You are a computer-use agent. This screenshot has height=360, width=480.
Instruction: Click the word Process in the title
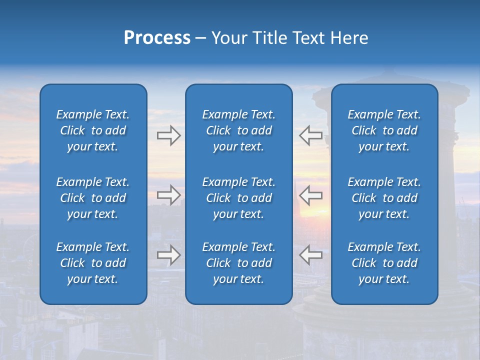click(157, 38)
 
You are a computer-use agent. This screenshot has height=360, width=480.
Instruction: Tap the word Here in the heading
click(349, 38)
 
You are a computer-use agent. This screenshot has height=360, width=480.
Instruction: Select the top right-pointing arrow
click(168, 135)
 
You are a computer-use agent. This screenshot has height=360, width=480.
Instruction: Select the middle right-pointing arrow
click(168, 195)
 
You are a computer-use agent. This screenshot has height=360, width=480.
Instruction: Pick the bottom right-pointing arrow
click(168, 255)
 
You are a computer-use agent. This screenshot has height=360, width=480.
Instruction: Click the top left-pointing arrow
click(311, 135)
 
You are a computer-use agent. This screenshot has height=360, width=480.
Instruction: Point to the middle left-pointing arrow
click(311, 195)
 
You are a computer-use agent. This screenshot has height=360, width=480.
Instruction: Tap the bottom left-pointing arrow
click(311, 255)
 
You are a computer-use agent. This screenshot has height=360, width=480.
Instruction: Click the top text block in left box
click(93, 130)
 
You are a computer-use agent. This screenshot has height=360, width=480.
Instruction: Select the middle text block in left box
click(93, 198)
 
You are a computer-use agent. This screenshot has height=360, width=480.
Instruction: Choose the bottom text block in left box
click(93, 263)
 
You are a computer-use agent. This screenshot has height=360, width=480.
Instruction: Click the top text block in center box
click(238, 130)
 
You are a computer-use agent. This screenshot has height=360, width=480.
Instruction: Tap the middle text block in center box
click(238, 198)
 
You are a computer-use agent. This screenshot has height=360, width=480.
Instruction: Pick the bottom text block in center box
click(238, 263)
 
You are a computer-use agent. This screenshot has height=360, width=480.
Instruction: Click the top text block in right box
click(384, 130)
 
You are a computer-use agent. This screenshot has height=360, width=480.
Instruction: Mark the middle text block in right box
click(384, 198)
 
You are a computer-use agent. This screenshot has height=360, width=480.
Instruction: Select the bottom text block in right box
click(384, 263)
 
